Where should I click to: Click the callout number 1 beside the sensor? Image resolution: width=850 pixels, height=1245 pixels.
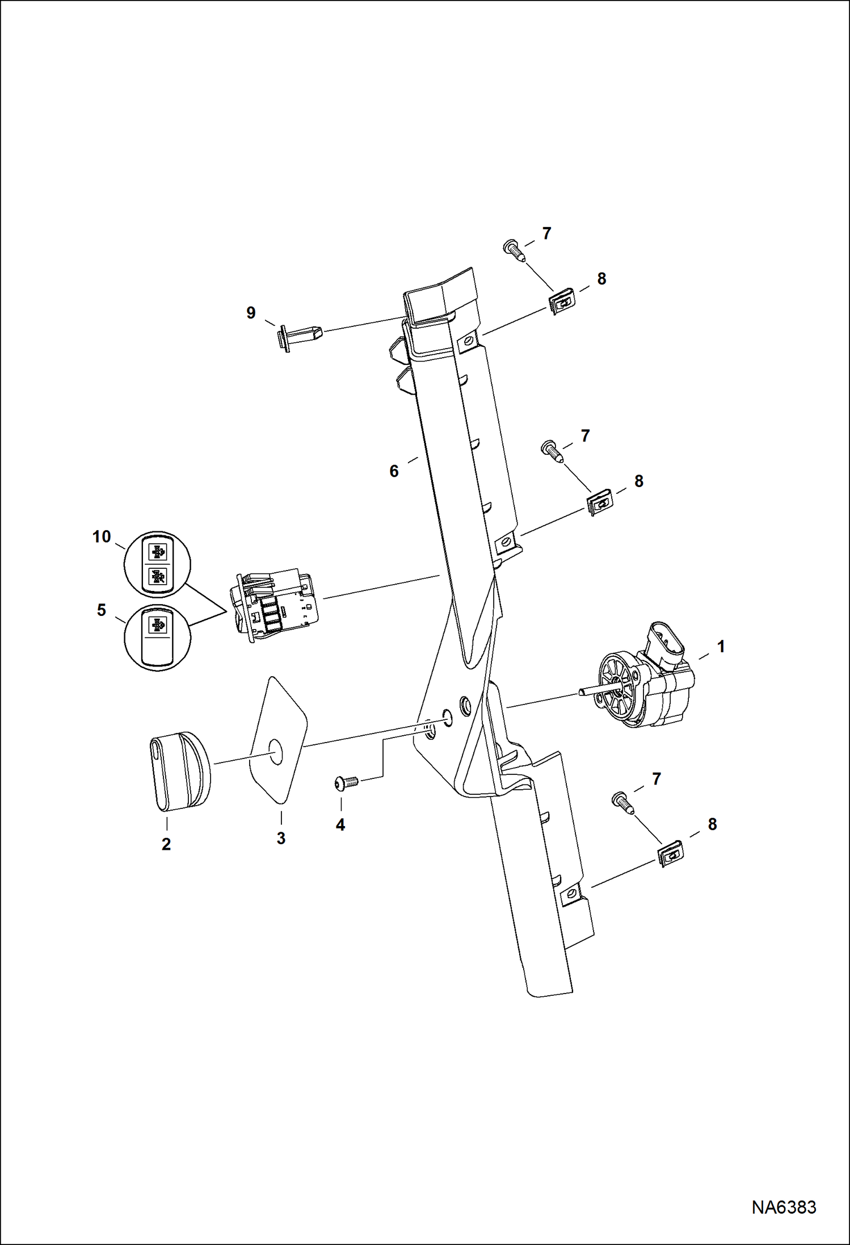click(721, 647)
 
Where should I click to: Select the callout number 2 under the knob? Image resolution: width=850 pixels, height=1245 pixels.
click(166, 844)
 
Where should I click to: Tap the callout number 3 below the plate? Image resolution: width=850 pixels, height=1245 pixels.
click(281, 838)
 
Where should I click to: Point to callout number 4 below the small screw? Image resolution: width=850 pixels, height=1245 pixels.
click(340, 825)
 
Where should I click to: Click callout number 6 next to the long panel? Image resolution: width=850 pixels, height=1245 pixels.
click(394, 471)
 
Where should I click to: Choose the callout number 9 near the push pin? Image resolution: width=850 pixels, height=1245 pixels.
click(251, 313)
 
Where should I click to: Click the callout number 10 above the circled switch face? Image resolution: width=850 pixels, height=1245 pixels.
click(102, 536)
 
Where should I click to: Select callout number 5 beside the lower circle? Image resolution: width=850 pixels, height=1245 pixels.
click(102, 610)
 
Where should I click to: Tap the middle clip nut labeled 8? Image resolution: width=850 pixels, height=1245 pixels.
click(598, 501)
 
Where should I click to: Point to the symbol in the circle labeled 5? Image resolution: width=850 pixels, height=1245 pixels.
click(157, 626)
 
